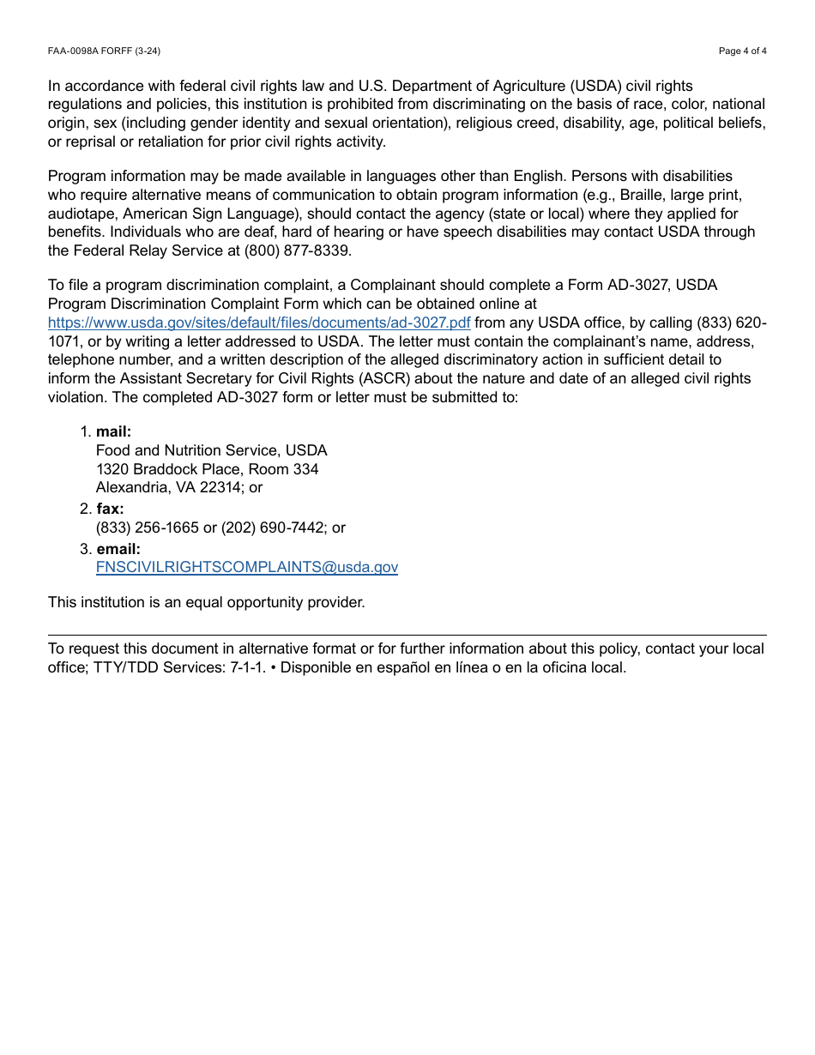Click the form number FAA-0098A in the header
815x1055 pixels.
click(x=74, y=51)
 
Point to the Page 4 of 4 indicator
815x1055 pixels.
click(x=742, y=51)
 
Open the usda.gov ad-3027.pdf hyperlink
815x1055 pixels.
click(x=259, y=323)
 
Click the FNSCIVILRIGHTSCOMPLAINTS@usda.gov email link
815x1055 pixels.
click(x=247, y=567)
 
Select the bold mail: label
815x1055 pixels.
click(x=113, y=431)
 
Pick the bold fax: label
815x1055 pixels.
click(x=110, y=509)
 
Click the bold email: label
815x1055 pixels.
click(x=118, y=549)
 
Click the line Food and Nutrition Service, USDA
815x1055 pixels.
click(x=211, y=450)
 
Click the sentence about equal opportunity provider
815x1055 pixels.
click(x=207, y=602)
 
